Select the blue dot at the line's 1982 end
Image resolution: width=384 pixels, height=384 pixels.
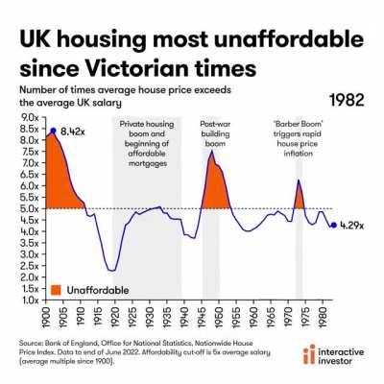click(332, 226)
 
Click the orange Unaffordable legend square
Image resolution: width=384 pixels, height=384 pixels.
click(57, 288)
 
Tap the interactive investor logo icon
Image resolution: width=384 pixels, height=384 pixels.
click(308, 356)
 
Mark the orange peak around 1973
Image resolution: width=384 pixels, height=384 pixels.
click(299, 182)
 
